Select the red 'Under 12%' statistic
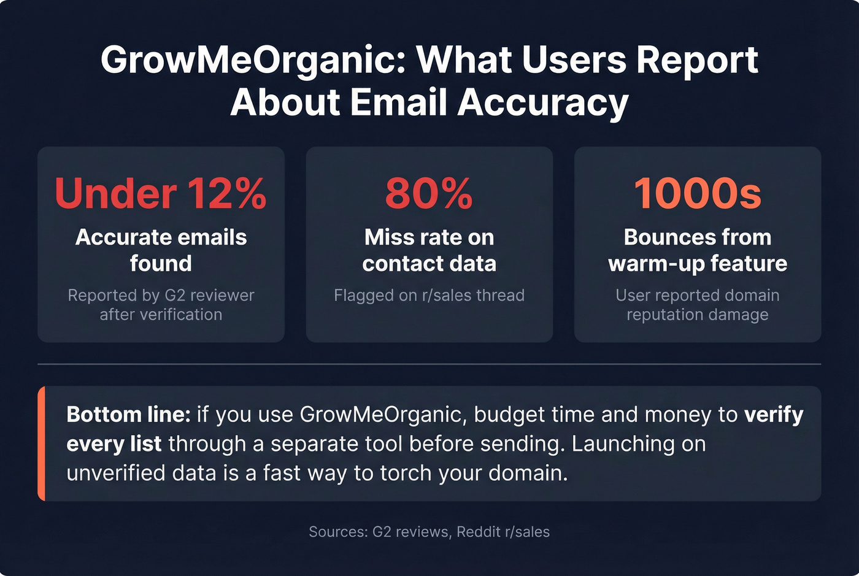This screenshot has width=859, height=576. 161,193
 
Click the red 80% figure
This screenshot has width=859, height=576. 429,193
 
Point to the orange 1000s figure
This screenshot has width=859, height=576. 698,193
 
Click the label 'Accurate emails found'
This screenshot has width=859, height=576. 161,250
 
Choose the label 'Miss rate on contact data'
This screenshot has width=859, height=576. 429,250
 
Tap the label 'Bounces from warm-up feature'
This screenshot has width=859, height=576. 698,250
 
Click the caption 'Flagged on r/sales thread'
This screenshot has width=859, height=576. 429,295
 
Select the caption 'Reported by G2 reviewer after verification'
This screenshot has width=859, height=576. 161,305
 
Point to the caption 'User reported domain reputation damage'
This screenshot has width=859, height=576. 698,305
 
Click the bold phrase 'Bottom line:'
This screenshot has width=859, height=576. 129,415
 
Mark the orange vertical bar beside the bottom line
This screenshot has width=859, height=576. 41,444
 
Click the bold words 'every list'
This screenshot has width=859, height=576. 114,444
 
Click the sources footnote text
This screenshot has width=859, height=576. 429,532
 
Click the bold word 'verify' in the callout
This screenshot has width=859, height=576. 773,415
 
